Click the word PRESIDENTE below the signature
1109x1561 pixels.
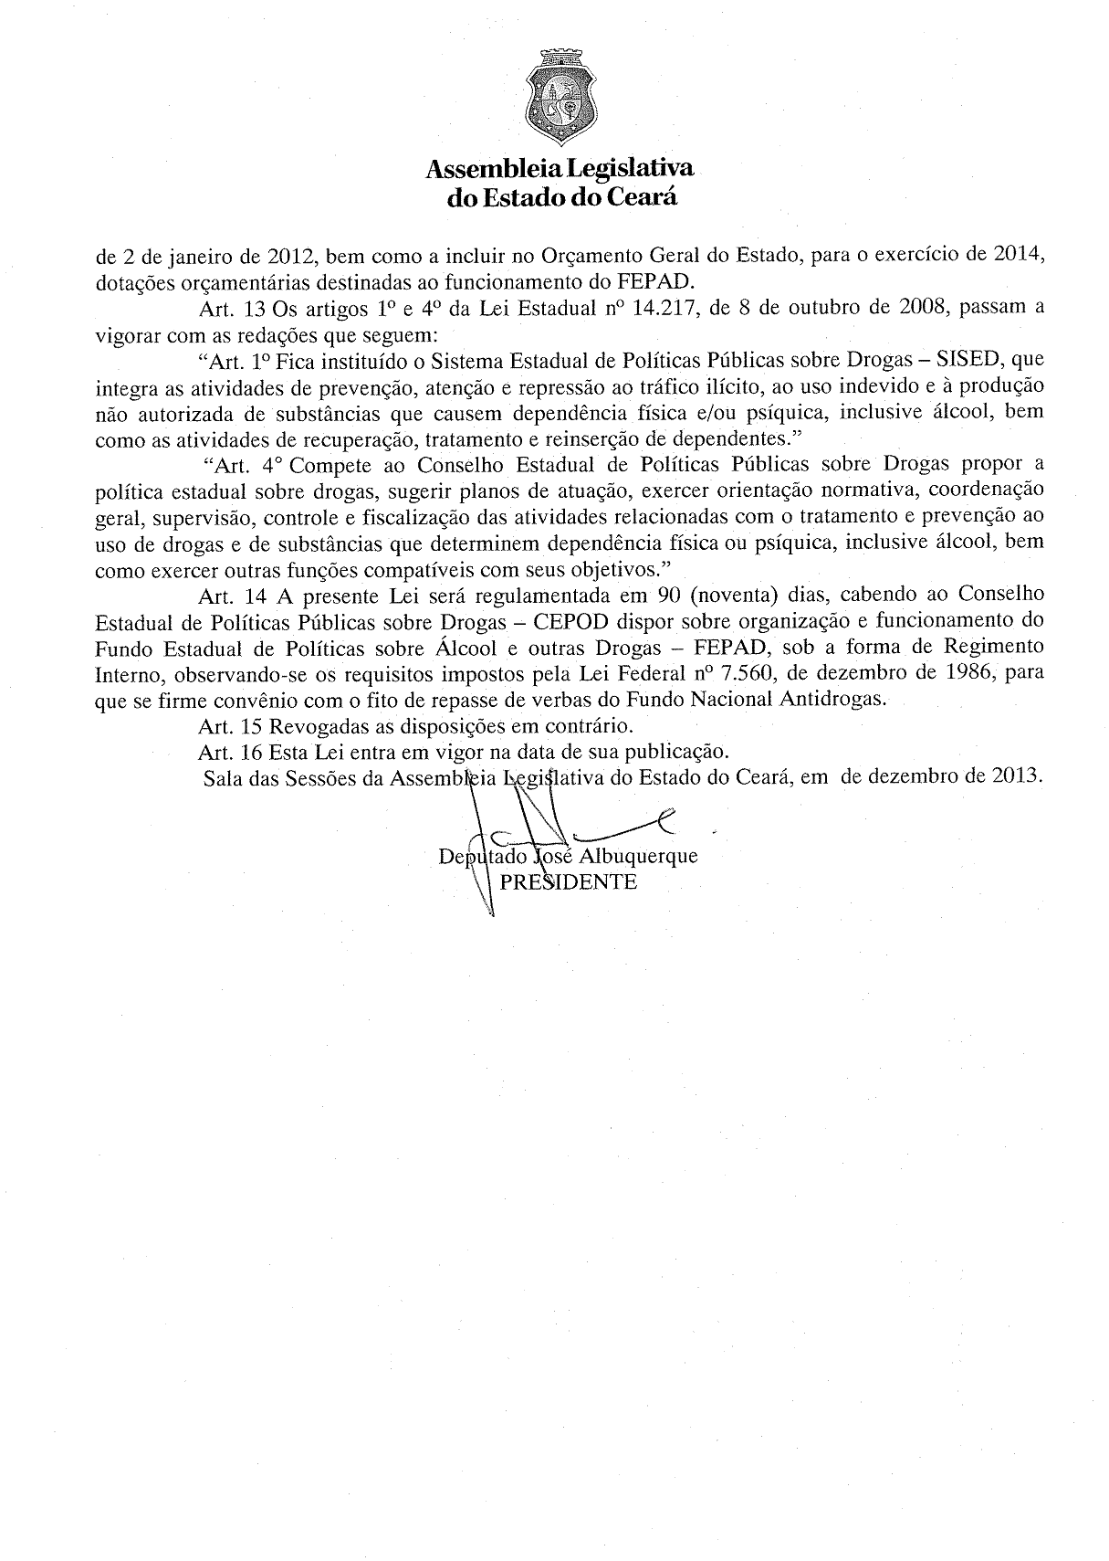point(569,882)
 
